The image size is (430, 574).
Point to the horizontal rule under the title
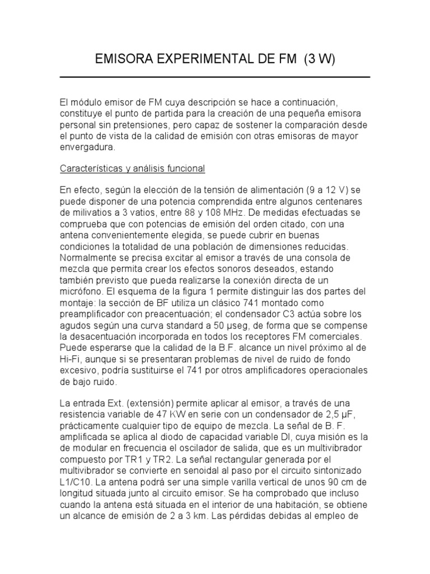tap(215, 77)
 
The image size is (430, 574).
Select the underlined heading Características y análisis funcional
tap(133, 168)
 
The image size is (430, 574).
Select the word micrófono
tap(82, 293)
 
